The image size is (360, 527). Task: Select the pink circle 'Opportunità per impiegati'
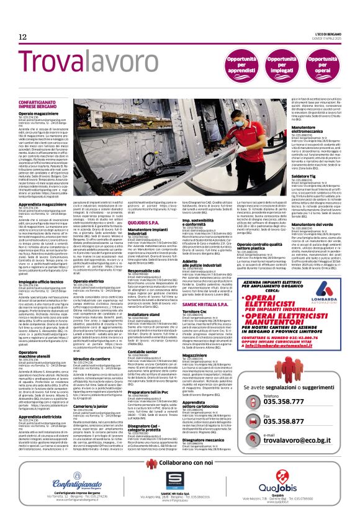click(279, 63)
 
